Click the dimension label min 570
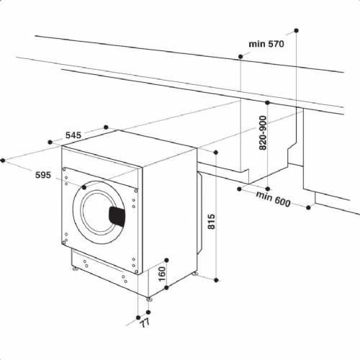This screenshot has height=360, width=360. [266, 44]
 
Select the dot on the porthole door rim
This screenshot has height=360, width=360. [84, 186]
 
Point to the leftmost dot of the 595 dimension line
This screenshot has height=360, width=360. [4, 159]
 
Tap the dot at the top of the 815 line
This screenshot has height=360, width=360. [216, 151]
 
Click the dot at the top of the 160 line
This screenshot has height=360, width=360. [166, 259]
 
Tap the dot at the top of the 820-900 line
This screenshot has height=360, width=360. [268, 103]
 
